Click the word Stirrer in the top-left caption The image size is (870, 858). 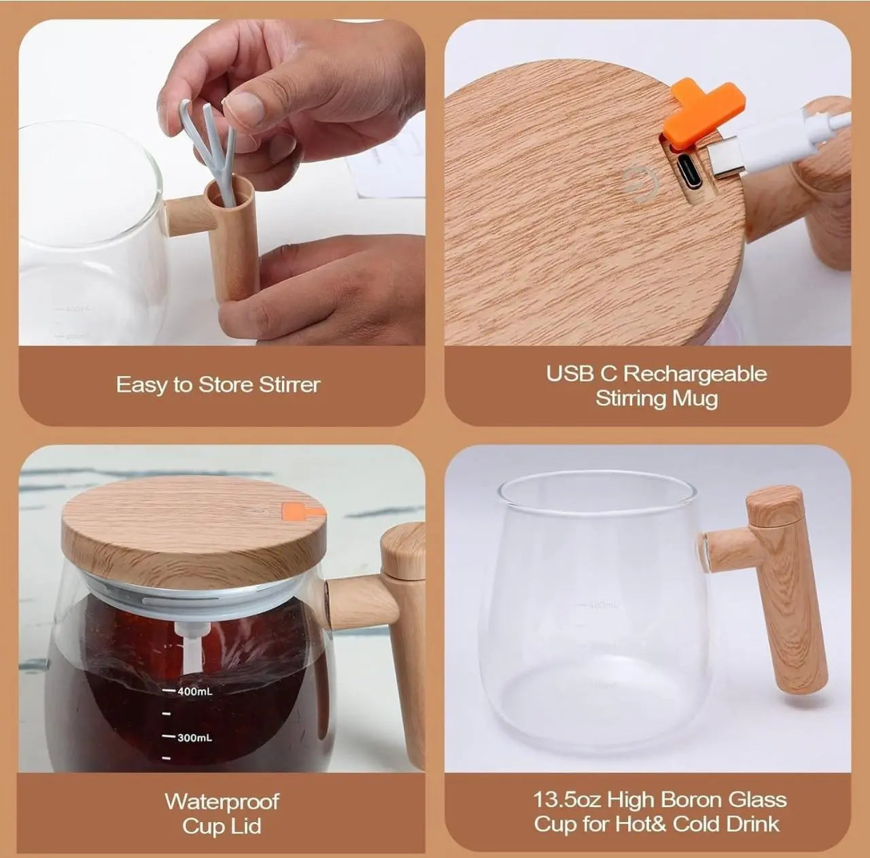(289, 385)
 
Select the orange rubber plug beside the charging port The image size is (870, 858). (704, 114)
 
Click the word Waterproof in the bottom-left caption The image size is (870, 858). (222, 802)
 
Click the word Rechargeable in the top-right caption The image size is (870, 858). (695, 374)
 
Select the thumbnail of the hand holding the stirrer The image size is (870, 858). (222, 182)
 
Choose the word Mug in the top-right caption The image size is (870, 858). (695, 398)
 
